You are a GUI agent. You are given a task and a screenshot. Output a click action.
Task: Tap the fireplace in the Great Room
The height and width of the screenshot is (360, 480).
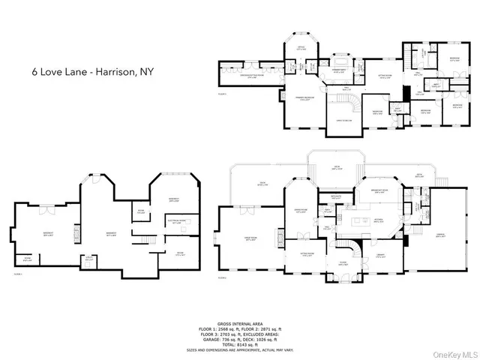tap(216, 240)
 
